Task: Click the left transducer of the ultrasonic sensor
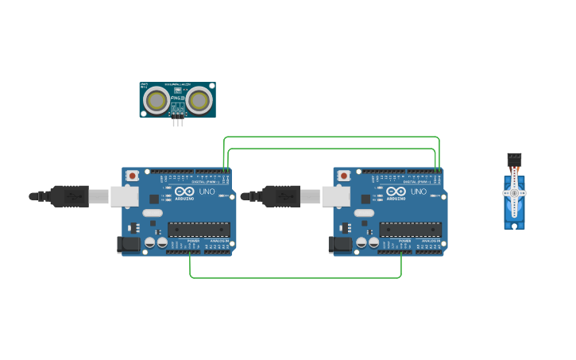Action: pos(157,100)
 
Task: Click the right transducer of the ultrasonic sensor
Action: pos(199,100)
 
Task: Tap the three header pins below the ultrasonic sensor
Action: pos(177,121)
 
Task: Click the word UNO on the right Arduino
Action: pos(418,192)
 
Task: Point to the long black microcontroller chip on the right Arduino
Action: pos(409,230)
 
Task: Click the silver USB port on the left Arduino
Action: pos(124,196)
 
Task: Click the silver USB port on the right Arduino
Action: pos(335,196)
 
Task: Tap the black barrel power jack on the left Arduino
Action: pos(129,246)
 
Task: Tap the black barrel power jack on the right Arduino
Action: pos(341,246)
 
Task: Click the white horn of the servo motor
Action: pos(514,194)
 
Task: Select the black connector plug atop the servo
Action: pos(514,159)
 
